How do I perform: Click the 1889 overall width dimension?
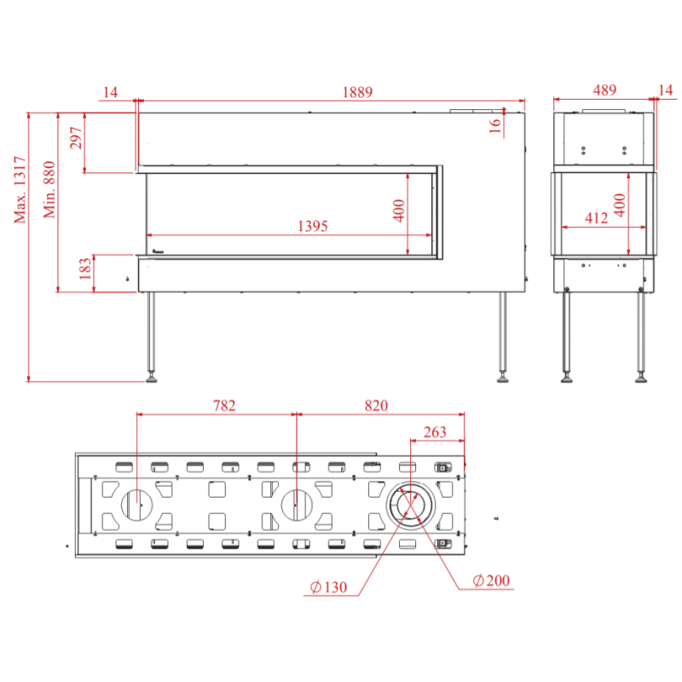(357, 92)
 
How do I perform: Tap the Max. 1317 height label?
(20, 189)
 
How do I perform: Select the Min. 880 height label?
(49, 189)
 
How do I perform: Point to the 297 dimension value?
(76, 138)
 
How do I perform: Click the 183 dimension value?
(85, 269)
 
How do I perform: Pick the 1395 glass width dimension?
(312, 226)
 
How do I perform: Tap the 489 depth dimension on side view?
(604, 90)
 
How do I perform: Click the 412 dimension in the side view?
(596, 217)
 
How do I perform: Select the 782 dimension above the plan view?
(224, 406)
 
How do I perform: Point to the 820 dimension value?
(376, 406)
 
